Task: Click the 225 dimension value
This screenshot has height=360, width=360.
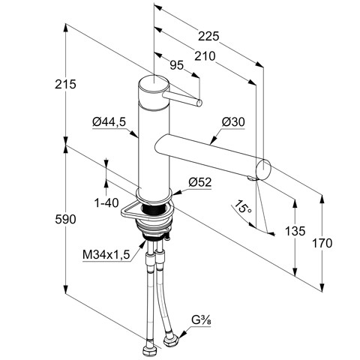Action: (x=208, y=37)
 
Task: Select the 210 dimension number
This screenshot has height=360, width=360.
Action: (x=205, y=56)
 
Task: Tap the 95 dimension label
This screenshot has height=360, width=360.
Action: (x=177, y=65)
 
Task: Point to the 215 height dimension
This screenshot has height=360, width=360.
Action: (x=65, y=84)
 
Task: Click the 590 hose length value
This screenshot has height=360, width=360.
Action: (x=65, y=220)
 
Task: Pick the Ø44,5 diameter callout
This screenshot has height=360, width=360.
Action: (x=109, y=122)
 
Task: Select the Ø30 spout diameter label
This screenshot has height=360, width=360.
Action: (x=233, y=122)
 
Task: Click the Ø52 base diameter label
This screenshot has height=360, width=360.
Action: (x=200, y=182)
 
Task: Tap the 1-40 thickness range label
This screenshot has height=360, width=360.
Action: (x=106, y=202)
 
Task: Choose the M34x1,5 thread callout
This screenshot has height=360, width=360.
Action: (x=106, y=255)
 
